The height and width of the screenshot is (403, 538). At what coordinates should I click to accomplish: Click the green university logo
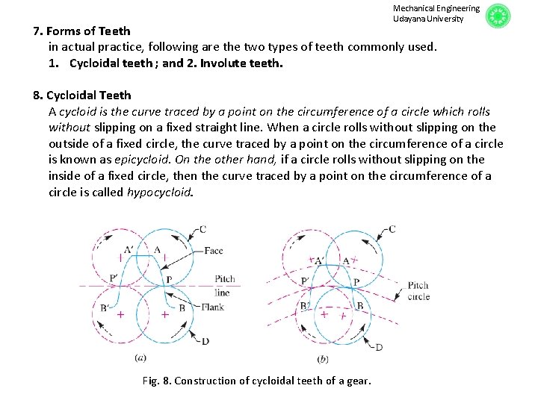tap(498, 16)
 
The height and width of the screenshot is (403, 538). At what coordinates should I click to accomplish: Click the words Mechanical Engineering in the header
tap(436, 8)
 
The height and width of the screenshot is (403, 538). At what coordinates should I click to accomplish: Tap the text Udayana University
tap(428, 19)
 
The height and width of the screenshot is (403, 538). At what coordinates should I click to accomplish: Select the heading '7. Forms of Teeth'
tap(82, 31)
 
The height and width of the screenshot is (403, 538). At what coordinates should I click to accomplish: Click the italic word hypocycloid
tap(159, 192)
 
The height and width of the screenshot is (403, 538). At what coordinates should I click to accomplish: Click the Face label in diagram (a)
tap(213, 252)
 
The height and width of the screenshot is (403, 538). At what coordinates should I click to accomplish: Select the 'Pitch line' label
tap(224, 285)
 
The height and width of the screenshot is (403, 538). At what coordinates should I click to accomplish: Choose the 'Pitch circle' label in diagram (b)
tap(418, 291)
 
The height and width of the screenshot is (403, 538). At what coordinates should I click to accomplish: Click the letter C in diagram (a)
tap(203, 228)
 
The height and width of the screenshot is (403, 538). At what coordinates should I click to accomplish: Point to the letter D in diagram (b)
tap(379, 347)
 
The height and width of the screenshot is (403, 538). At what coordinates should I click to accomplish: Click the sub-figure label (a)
tap(140, 358)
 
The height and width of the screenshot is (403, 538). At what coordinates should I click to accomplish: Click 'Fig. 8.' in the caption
tap(156, 381)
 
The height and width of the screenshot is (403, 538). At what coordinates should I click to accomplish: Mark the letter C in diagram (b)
tap(392, 228)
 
